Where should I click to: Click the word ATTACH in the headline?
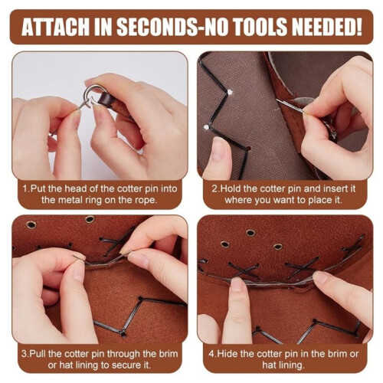(55, 27)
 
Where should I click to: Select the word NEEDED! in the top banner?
(327, 27)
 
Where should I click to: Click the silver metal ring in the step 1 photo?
(92, 94)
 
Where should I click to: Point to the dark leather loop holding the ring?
(106, 99)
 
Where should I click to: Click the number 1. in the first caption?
(26, 189)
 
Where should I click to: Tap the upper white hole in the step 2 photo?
(230, 92)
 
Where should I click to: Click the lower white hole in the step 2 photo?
(205, 127)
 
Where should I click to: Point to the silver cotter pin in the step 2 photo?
(290, 106)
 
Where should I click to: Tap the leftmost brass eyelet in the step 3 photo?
(31, 224)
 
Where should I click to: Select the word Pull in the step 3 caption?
(38, 354)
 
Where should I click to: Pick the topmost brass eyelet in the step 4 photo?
(250, 233)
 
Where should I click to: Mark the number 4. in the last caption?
(212, 354)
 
